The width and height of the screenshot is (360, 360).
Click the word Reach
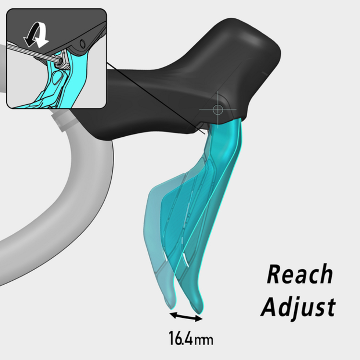300,275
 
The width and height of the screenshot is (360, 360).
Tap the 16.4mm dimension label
190,339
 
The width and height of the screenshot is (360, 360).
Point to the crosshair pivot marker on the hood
217,109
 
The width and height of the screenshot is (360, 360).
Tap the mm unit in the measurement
204,340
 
